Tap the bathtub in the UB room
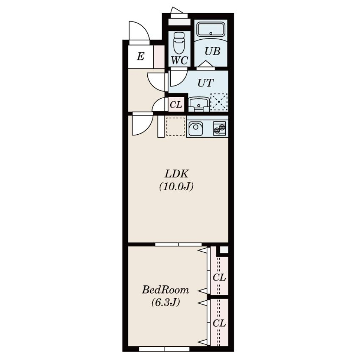211,29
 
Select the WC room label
180,60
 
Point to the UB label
212,51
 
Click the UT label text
205,83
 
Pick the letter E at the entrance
141,56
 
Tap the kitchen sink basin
196,128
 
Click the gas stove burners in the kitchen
219,129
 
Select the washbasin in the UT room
199,104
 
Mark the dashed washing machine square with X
219,102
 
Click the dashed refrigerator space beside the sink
175,126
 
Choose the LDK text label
177,174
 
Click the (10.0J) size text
176,186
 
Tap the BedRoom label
165,290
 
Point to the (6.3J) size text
165,302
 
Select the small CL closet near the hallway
176,105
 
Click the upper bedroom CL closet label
219,277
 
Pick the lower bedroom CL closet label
219,323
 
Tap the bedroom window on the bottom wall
164,349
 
